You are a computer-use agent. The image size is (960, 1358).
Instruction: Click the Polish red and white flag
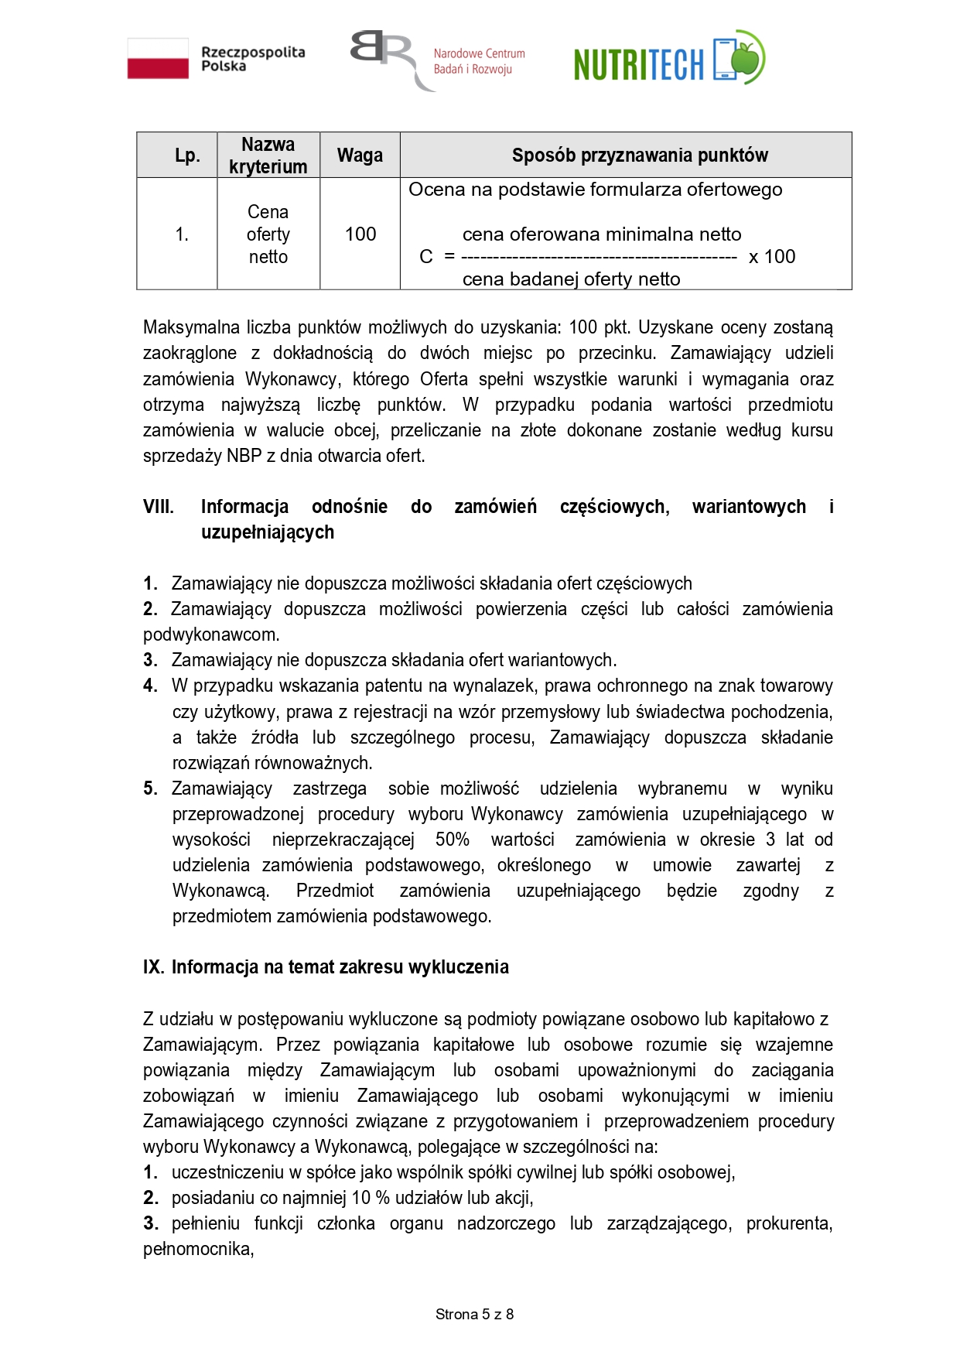click(x=158, y=59)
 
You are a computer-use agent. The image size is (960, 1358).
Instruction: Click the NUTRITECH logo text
click(x=639, y=64)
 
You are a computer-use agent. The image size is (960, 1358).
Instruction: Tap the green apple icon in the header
click(x=746, y=56)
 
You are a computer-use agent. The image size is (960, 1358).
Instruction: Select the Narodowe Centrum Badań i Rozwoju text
click(x=479, y=61)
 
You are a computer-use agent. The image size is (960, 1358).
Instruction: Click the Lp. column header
click(x=187, y=156)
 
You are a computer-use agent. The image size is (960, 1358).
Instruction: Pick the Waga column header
click(x=360, y=156)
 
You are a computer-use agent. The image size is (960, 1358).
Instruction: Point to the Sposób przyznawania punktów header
click(x=640, y=156)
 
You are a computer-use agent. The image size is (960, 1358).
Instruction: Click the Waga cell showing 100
click(x=360, y=234)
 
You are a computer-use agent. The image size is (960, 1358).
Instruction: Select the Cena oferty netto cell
click(x=268, y=234)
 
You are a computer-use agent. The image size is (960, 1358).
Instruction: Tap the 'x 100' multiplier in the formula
click(x=771, y=257)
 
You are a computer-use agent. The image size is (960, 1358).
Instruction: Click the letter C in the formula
click(x=426, y=257)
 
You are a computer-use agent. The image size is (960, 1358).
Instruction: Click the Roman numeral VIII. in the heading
click(x=159, y=507)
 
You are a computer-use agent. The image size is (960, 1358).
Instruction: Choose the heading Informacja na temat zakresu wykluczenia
click(x=340, y=967)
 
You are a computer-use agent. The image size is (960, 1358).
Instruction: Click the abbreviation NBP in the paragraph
click(x=244, y=456)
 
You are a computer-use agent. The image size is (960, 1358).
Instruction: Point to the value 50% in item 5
click(x=453, y=840)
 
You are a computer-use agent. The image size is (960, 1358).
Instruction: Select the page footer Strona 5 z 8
click(x=474, y=1314)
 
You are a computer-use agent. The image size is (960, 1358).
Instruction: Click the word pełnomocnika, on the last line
click(x=199, y=1249)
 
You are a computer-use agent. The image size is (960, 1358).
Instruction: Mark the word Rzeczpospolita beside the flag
click(x=253, y=53)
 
